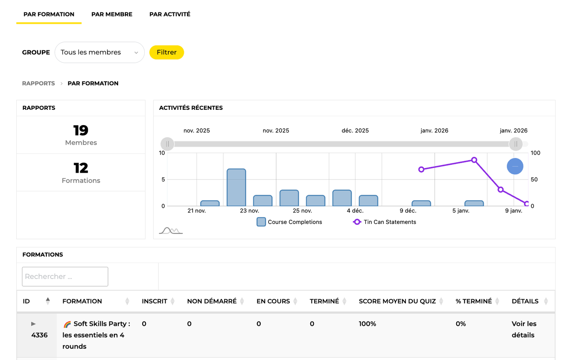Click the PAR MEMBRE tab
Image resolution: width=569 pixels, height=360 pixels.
(112, 14)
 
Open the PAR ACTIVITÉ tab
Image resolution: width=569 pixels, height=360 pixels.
(170, 14)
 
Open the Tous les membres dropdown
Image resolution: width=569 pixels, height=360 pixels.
(100, 52)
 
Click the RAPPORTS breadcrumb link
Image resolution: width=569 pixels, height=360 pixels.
(38, 83)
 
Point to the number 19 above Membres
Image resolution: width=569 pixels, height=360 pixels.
(81, 130)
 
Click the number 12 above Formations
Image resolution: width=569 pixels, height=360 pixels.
(81, 168)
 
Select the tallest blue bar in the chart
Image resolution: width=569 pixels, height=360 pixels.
(236, 188)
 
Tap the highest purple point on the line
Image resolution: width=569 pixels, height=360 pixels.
(474, 160)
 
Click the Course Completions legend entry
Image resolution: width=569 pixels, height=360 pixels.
(289, 222)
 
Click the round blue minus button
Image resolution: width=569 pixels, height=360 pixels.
(515, 166)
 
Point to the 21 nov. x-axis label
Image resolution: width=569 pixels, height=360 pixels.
(197, 211)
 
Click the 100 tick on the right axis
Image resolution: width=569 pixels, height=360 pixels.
(535, 153)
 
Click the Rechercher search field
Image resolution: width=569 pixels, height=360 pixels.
(65, 276)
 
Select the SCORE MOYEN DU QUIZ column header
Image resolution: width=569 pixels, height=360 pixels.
(397, 301)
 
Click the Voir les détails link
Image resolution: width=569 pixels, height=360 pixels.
(523, 329)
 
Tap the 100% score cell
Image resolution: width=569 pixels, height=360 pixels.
(367, 324)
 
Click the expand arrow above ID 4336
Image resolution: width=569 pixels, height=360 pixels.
(33, 324)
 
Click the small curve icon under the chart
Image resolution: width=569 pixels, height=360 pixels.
(171, 231)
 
